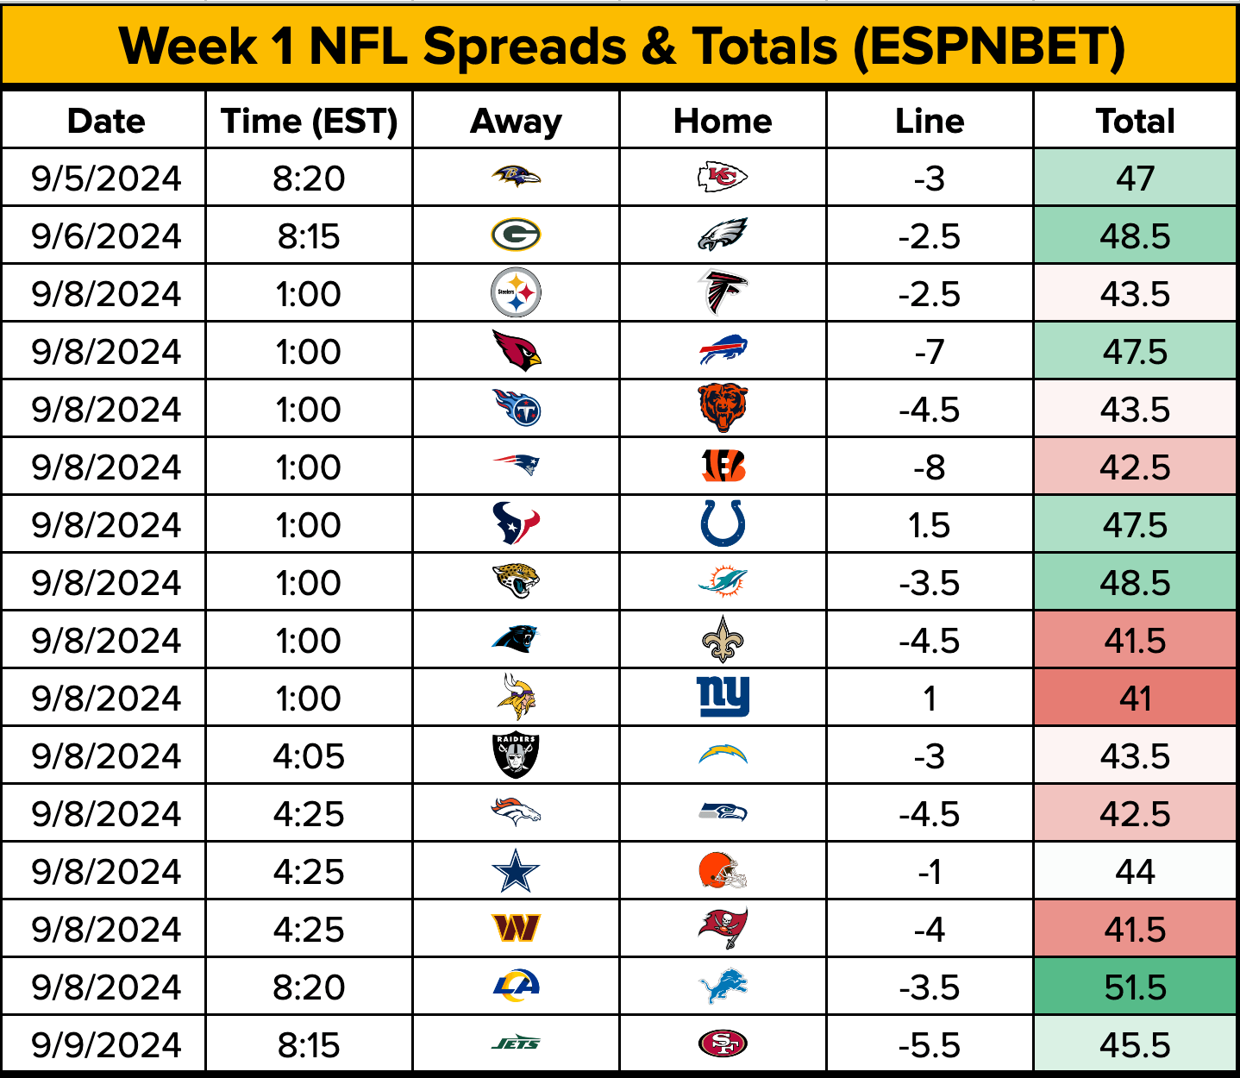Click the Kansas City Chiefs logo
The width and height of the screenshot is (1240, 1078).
click(723, 178)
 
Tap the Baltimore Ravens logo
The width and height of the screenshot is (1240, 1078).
click(516, 178)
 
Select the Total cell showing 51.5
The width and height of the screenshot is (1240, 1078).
click(1135, 987)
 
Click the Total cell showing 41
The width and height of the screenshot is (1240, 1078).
click(1135, 698)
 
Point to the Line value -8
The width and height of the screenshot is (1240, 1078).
click(930, 467)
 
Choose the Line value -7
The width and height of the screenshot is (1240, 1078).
click(930, 351)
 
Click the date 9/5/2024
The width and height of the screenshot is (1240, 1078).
click(106, 178)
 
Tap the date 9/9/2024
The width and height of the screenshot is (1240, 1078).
click(106, 1044)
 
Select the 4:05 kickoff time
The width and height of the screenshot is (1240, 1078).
click(309, 755)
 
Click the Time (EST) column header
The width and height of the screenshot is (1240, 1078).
click(309, 121)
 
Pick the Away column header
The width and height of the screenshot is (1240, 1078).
click(516, 121)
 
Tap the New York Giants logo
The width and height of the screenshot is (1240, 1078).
click(723, 697)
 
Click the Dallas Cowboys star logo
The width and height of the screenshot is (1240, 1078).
click(516, 871)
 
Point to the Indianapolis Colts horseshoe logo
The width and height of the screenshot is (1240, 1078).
click(723, 523)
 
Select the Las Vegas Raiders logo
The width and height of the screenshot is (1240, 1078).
click(516, 755)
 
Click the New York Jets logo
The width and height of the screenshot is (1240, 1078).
click(516, 1044)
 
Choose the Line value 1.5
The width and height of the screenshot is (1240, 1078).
click(930, 524)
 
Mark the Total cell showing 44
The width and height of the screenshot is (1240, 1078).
click(1135, 871)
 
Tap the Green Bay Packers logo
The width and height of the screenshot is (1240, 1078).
click(516, 235)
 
